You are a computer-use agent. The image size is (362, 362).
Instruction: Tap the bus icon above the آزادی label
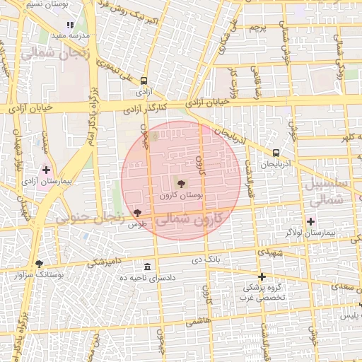pyautogui.click(x=144, y=81)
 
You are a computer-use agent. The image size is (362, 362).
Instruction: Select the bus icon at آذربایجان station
pyautogui.click(x=276, y=152)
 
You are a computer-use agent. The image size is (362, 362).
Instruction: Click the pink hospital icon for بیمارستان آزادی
pyautogui.click(x=47, y=170)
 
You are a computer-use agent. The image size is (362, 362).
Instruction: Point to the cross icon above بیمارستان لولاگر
pyautogui.click(x=310, y=221)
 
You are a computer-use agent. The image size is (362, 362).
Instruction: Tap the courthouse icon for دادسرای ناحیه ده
pyautogui.click(x=147, y=267)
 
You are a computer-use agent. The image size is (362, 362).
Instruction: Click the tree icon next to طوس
pyautogui.click(x=137, y=213)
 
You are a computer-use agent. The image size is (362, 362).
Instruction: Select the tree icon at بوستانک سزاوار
pyautogui.click(x=39, y=263)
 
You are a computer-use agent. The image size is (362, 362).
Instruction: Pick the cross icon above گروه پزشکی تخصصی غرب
pyautogui.click(x=262, y=276)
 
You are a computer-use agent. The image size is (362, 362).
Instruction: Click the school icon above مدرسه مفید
pyautogui.click(x=70, y=24)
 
